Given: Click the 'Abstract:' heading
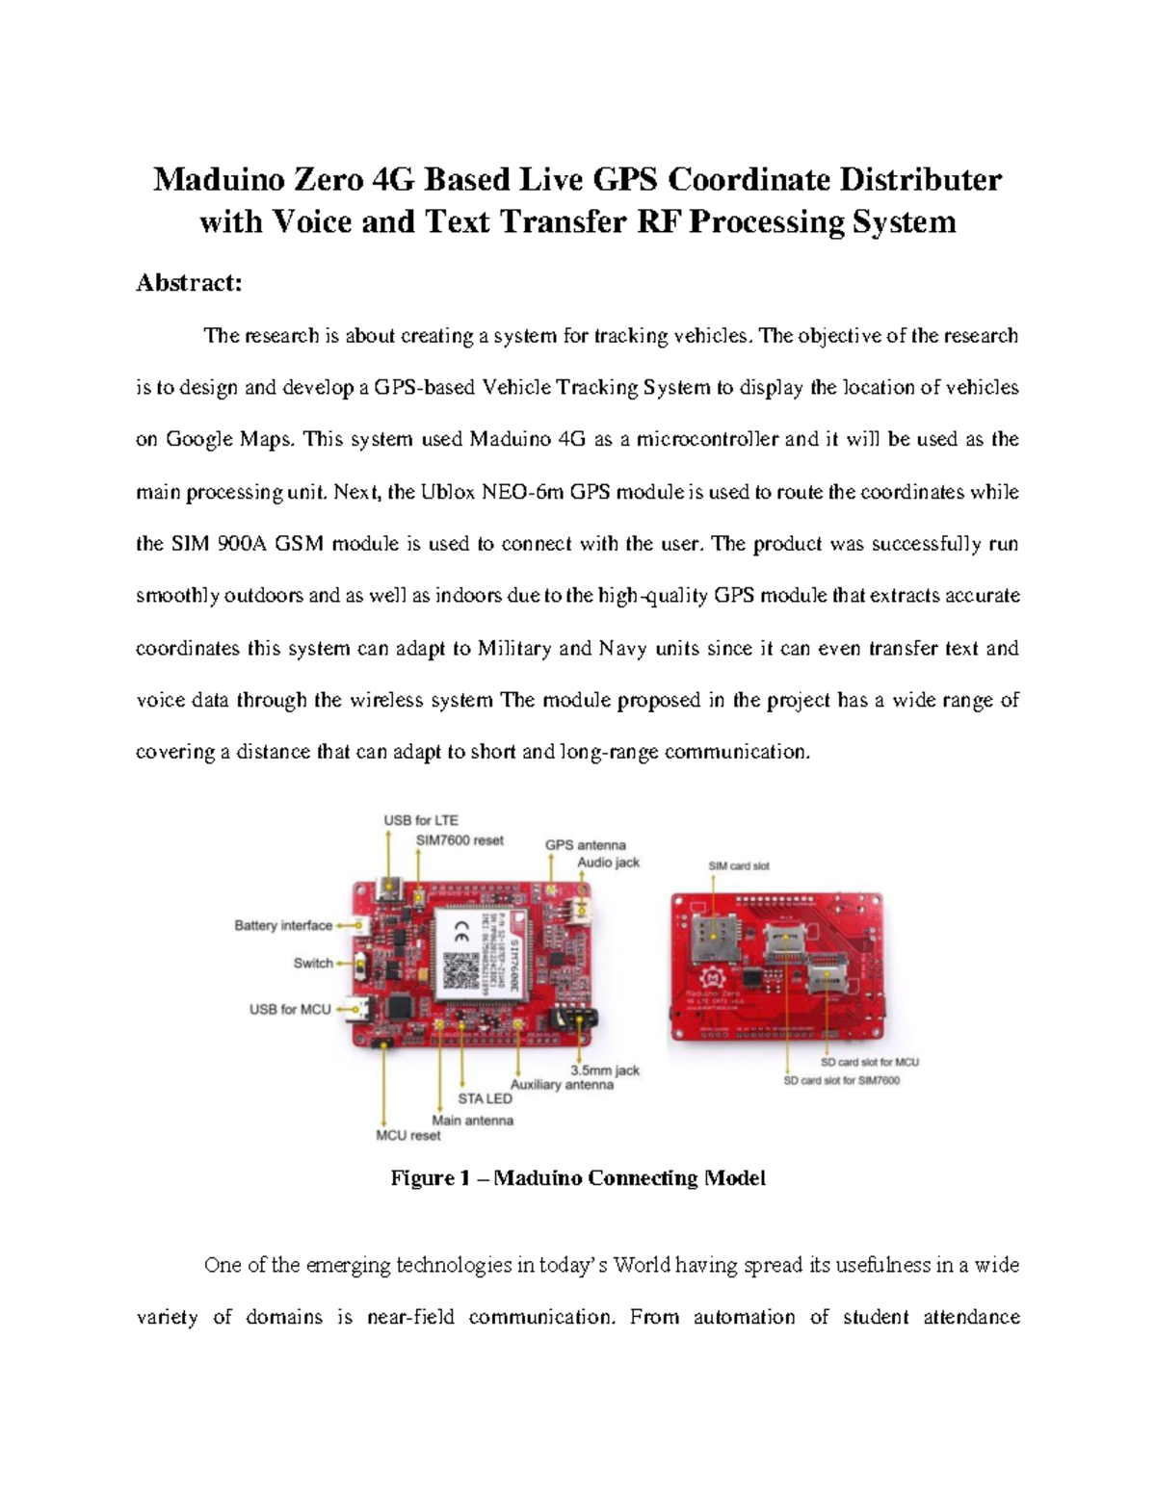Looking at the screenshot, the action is [189, 283].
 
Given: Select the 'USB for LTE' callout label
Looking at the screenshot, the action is [421, 820].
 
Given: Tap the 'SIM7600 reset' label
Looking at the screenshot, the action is [460, 840].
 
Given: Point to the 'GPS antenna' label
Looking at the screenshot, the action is [585, 845].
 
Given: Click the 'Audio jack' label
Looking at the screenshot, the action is [608, 863].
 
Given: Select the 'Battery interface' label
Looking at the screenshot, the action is [282, 925].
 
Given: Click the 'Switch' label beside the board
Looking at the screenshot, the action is [313, 963].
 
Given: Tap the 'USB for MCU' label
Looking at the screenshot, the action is [290, 1009].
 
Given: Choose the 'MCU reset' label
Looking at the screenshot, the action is [407, 1135].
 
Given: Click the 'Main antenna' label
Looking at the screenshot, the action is [472, 1120].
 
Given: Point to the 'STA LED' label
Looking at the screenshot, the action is [485, 1098].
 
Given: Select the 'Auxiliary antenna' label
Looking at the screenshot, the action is [562, 1084].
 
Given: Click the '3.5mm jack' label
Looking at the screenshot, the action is [605, 1070].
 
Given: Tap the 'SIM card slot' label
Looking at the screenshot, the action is [739, 865].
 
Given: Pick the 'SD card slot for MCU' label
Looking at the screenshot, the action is [869, 1062].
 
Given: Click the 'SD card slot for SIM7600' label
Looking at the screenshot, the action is [841, 1080].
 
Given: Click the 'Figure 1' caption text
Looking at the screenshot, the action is [577, 1178].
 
